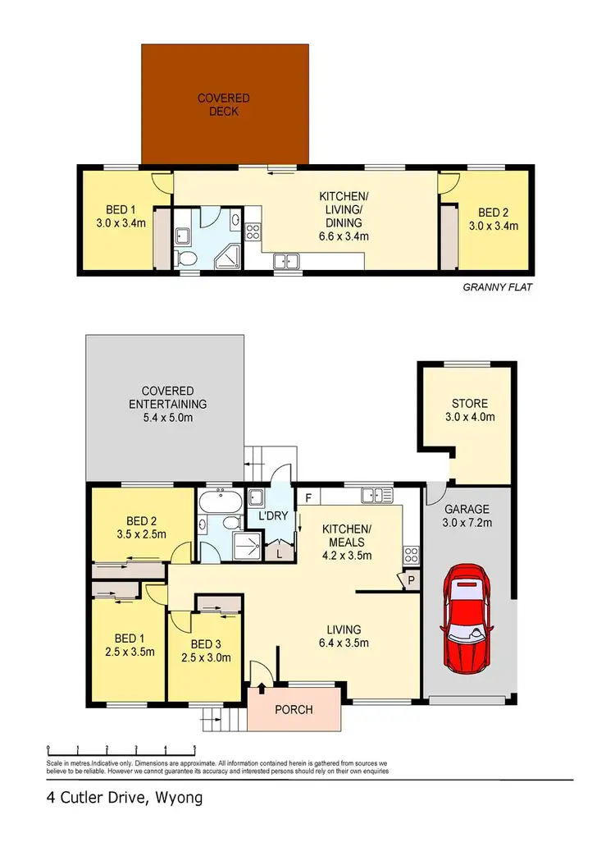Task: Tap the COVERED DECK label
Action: (224, 105)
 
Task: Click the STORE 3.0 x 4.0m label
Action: (469, 410)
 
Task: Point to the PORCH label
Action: (293, 709)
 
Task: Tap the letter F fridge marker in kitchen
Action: (308, 497)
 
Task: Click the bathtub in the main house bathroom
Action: (218, 501)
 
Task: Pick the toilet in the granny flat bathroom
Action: (186, 259)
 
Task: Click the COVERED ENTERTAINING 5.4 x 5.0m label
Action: (167, 403)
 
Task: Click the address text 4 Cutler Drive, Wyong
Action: (122, 798)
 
